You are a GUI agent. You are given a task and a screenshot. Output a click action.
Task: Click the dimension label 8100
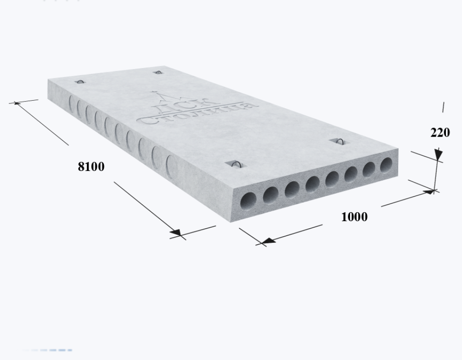pyautogui.click(x=91, y=166)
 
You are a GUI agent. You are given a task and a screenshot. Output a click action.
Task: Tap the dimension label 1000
pyautogui.click(x=354, y=217)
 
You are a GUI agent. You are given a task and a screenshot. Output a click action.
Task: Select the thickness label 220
pyautogui.click(x=440, y=133)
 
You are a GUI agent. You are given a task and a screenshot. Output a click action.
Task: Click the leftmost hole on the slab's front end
pyautogui.click(x=248, y=201)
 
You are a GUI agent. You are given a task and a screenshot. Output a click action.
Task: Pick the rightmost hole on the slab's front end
pyautogui.click(x=386, y=165)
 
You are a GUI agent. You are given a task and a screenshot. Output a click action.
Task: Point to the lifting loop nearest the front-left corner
pyautogui.click(x=236, y=165)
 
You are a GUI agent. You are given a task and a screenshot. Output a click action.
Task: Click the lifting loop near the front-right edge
pyautogui.click(x=339, y=141)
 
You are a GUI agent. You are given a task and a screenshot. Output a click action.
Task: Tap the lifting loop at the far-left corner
pyautogui.click(x=80, y=82)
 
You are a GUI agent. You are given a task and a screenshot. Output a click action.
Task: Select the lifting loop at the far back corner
pyautogui.click(x=158, y=72)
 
